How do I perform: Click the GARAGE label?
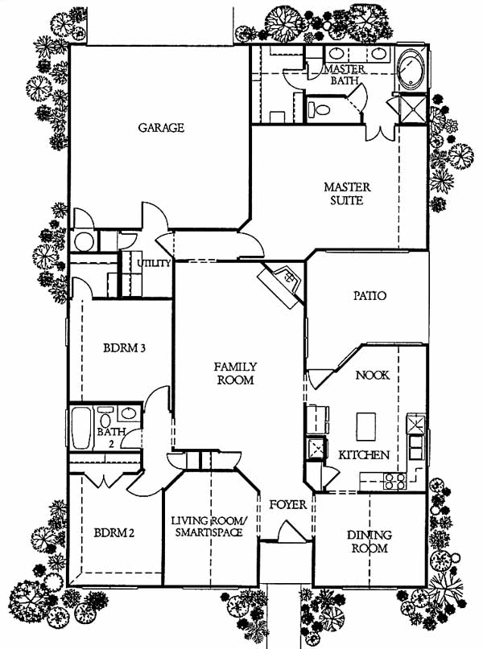tap(161, 128)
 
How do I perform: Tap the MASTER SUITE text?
tap(347, 194)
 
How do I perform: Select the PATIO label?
tap(369, 295)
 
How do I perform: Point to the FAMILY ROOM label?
tap(235, 373)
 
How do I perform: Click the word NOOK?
tap(373, 375)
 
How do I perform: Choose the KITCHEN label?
tap(364, 455)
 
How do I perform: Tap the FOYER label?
tap(288, 504)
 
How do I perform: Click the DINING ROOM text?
tap(369, 541)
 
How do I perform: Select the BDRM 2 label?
tap(114, 532)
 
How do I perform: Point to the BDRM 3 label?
tap(124, 347)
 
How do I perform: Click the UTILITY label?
tap(154, 263)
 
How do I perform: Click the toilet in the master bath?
tap(319, 109)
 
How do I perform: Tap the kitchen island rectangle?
tap(366, 426)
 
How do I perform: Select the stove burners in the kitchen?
tap(394, 481)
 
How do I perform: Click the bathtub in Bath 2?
tap(80, 428)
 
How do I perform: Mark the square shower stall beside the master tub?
tap(413, 109)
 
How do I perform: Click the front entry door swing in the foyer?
tap(292, 531)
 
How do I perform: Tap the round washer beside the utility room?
tap(84, 241)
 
